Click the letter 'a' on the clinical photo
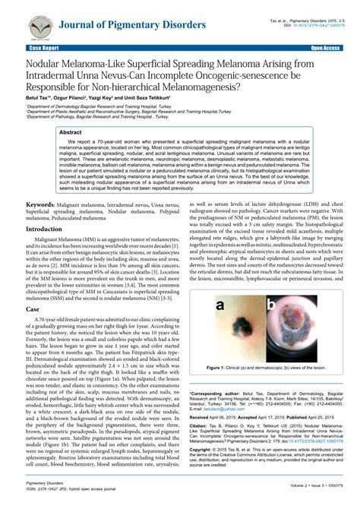tap(219, 307)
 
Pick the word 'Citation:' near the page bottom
tap(201, 428)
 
